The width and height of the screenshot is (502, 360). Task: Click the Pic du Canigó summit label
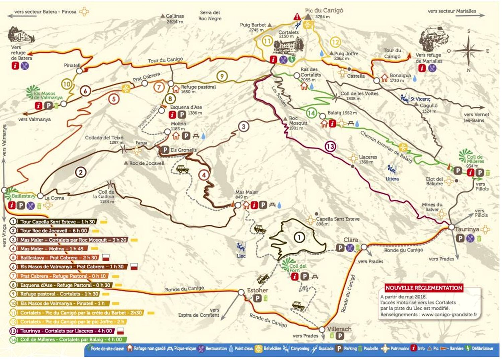[324, 10]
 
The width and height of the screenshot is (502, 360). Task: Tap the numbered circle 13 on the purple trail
[330, 147]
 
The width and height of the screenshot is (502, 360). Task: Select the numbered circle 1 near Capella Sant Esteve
[299, 238]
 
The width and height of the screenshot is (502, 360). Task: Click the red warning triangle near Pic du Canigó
[297, 16]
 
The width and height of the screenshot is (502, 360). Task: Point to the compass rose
[469, 51]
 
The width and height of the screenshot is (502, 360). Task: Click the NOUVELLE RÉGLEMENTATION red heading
[424, 288]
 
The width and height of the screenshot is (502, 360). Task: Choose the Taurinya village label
[467, 229]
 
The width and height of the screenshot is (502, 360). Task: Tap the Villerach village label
[339, 329]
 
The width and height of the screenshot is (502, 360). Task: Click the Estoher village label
[257, 290]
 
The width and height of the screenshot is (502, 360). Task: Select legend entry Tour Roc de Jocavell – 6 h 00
[54, 231]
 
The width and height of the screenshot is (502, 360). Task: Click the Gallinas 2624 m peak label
[175, 18]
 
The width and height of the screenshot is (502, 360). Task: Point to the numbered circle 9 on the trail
[222, 76]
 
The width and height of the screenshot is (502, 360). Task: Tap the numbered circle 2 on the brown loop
[81, 172]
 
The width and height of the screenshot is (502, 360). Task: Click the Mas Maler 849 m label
[247, 194]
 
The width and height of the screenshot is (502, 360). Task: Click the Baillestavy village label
[23, 196]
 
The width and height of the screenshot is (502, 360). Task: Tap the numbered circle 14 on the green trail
[311, 113]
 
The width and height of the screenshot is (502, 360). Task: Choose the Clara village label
[351, 240]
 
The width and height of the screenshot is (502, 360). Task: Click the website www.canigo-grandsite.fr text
[449, 314]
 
